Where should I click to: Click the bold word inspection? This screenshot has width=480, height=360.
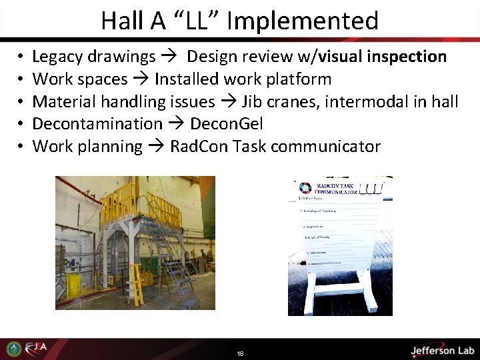(404, 57)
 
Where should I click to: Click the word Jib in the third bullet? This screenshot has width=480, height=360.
(251, 101)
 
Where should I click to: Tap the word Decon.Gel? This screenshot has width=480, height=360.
(227, 124)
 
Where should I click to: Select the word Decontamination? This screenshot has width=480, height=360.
(97, 124)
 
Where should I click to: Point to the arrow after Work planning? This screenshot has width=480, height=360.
(156, 147)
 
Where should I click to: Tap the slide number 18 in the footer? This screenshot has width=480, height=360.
(240, 353)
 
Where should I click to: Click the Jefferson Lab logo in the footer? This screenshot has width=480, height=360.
(441, 350)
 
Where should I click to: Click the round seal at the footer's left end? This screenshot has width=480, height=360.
(13, 349)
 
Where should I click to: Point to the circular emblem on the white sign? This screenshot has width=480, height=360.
(306, 188)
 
